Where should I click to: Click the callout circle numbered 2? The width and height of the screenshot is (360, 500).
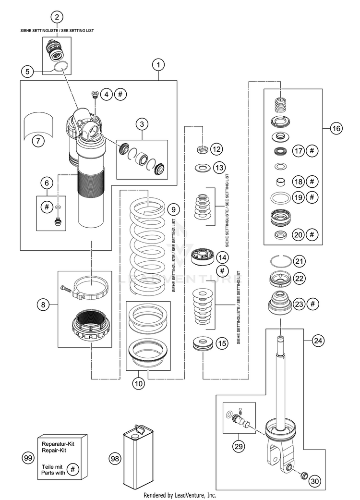pyautogui.click(x=57, y=17)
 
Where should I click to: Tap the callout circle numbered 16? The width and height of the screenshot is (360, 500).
pyautogui.click(x=336, y=129)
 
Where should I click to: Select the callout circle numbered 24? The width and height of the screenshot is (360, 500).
pyautogui.click(x=318, y=341)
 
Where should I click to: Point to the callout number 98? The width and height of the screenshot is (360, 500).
pyautogui.click(x=115, y=459)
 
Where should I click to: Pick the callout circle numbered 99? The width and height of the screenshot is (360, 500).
pyautogui.click(x=28, y=459)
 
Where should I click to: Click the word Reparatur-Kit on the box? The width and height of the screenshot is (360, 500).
pyautogui.click(x=58, y=444)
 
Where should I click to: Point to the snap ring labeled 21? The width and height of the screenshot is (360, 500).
pyautogui.click(x=280, y=260)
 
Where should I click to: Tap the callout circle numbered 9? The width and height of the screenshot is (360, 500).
pyautogui.click(x=173, y=209)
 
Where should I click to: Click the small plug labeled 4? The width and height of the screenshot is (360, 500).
pyautogui.click(x=95, y=94)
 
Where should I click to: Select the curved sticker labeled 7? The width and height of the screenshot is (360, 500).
pyautogui.click(x=38, y=124)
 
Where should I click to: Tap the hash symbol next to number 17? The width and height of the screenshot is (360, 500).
pyautogui.click(x=312, y=150)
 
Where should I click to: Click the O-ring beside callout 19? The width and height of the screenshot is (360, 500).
pyautogui.click(x=280, y=197)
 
